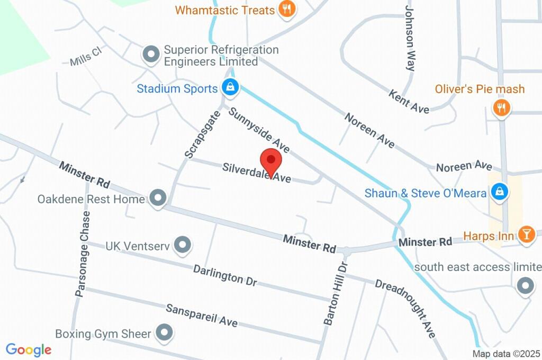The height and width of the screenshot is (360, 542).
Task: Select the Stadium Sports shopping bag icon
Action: click(230, 87)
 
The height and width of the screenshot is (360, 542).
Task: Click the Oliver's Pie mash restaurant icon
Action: click(501, 108)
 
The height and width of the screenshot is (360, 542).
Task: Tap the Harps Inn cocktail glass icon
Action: click(526, 235)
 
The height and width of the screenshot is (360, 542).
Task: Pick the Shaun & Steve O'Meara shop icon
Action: click(499, 192)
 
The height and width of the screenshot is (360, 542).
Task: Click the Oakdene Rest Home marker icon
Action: click(157, 199)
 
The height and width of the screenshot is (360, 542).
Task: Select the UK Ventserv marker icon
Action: click(183, 245)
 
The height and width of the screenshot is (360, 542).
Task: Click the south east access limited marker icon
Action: click(525, 286)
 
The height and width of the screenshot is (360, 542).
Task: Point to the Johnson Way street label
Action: click(410, 38)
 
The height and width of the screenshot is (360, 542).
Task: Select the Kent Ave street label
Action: click(409, 101)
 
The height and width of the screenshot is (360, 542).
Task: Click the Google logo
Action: click(29, 349)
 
